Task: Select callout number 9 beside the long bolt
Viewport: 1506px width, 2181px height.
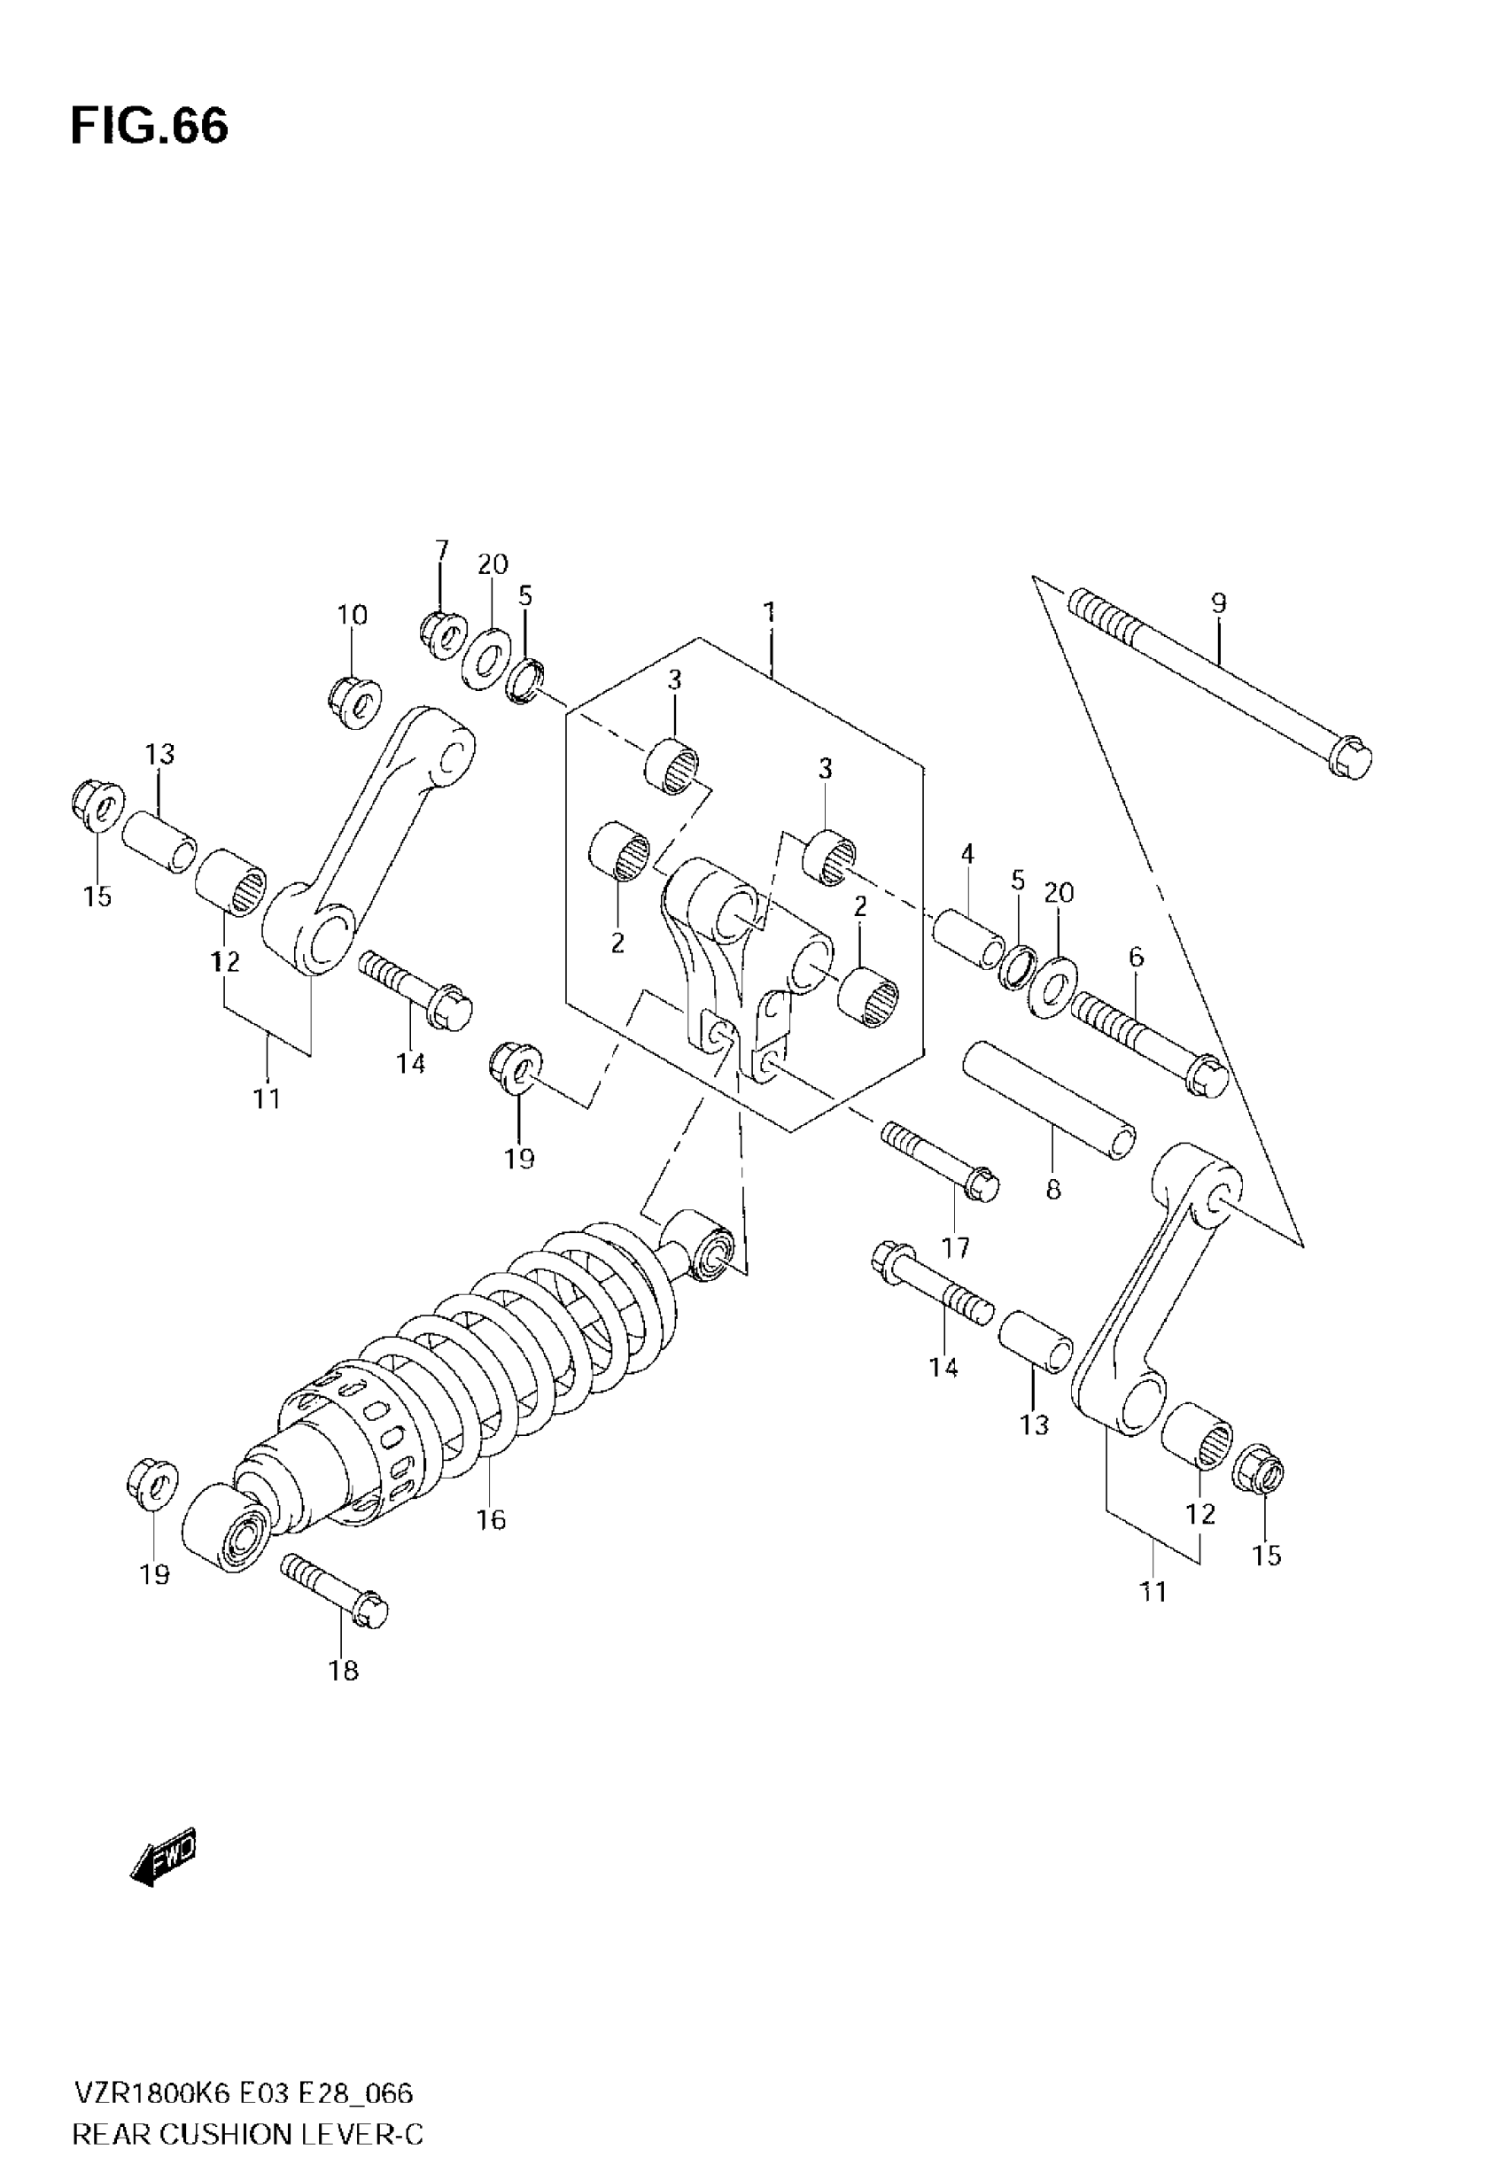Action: tap(1218, 604)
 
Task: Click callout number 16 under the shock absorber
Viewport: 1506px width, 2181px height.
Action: tap(491, 1520)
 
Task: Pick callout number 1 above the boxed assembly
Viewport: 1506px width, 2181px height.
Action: tap(770, 613)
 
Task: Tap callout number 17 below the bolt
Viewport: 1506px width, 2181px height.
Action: tap(955, 1248)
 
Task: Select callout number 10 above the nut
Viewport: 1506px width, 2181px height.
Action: tap(352, 615)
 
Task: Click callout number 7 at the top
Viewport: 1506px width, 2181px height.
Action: tap(441, 550)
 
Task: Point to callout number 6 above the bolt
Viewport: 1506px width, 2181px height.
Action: tap(1136, 957)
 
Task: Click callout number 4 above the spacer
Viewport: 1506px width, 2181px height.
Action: tap(967, 855)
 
